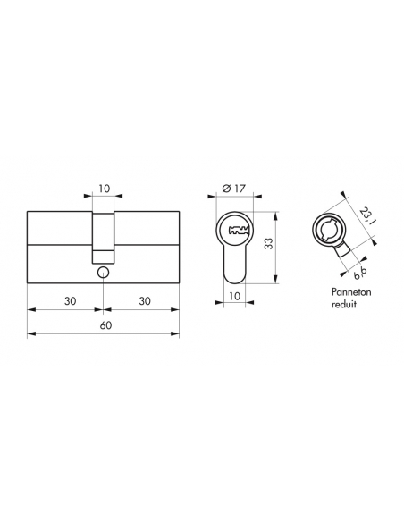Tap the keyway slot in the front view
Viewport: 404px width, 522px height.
click(x=237, y=231)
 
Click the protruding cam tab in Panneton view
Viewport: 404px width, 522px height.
click(x=340, y=255)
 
